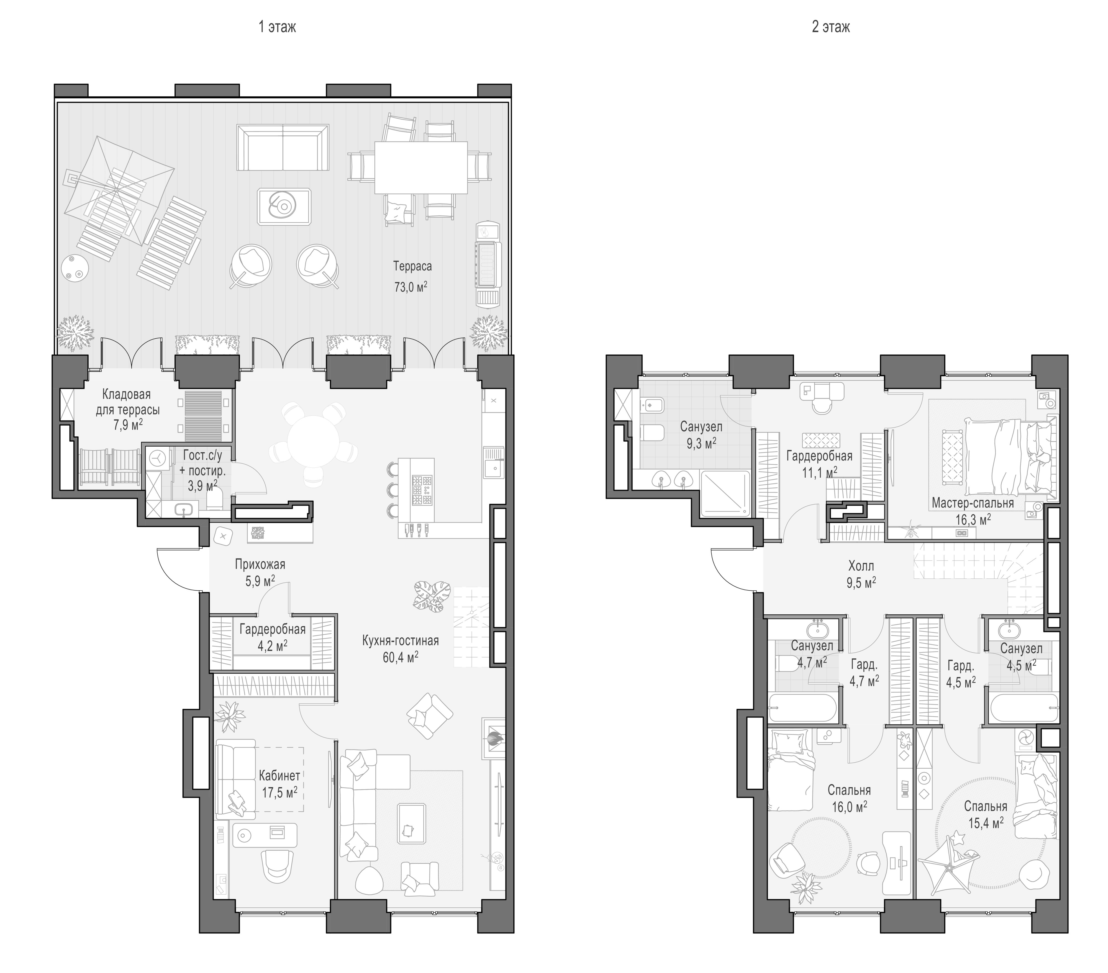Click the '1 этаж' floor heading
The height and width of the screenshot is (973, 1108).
(x=278, y=27)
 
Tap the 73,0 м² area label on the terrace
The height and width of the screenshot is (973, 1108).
(x=410, y=287)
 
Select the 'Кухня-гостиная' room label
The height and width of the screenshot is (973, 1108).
(x=401, y=641)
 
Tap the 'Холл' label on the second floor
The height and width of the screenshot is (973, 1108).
(x=861, y=567)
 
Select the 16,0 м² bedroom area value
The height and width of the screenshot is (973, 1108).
(x=850, y=807)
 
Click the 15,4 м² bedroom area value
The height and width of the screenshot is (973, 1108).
(x=986, y=823)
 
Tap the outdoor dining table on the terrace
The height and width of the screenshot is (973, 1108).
(x=421, y=168)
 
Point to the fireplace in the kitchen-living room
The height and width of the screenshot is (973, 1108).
(x=493, y=738)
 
